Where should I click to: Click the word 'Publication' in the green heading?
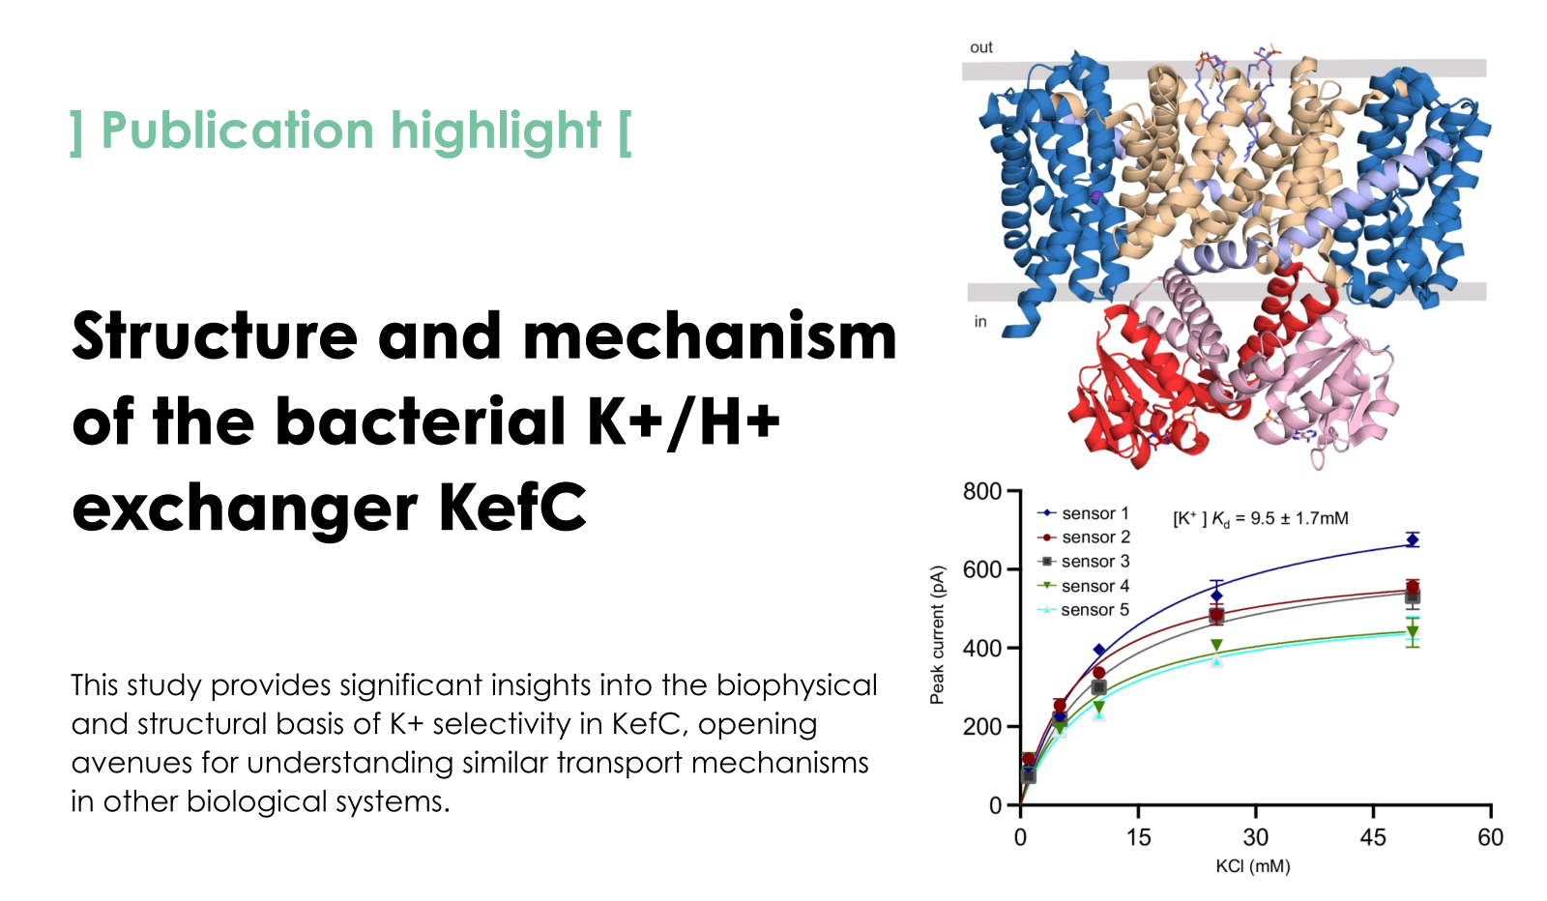point(238,131)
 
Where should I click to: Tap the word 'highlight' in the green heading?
point(496,131)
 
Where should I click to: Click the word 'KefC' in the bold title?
point(512,509)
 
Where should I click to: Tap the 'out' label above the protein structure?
point(980,47)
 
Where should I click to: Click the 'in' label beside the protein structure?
point(980,322)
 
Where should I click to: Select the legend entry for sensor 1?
point(1083,513)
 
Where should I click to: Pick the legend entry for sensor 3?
point(1083,562)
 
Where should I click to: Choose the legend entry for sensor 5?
point(1083,610)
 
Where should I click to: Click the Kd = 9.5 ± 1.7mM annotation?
point(1261,518)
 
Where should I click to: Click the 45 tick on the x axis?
point(1373,837)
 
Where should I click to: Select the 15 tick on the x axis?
point(1138,837)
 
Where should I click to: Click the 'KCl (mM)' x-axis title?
point(1253,866)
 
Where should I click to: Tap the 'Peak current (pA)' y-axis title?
point(937,635)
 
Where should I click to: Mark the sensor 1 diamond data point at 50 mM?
point(1413,539)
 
